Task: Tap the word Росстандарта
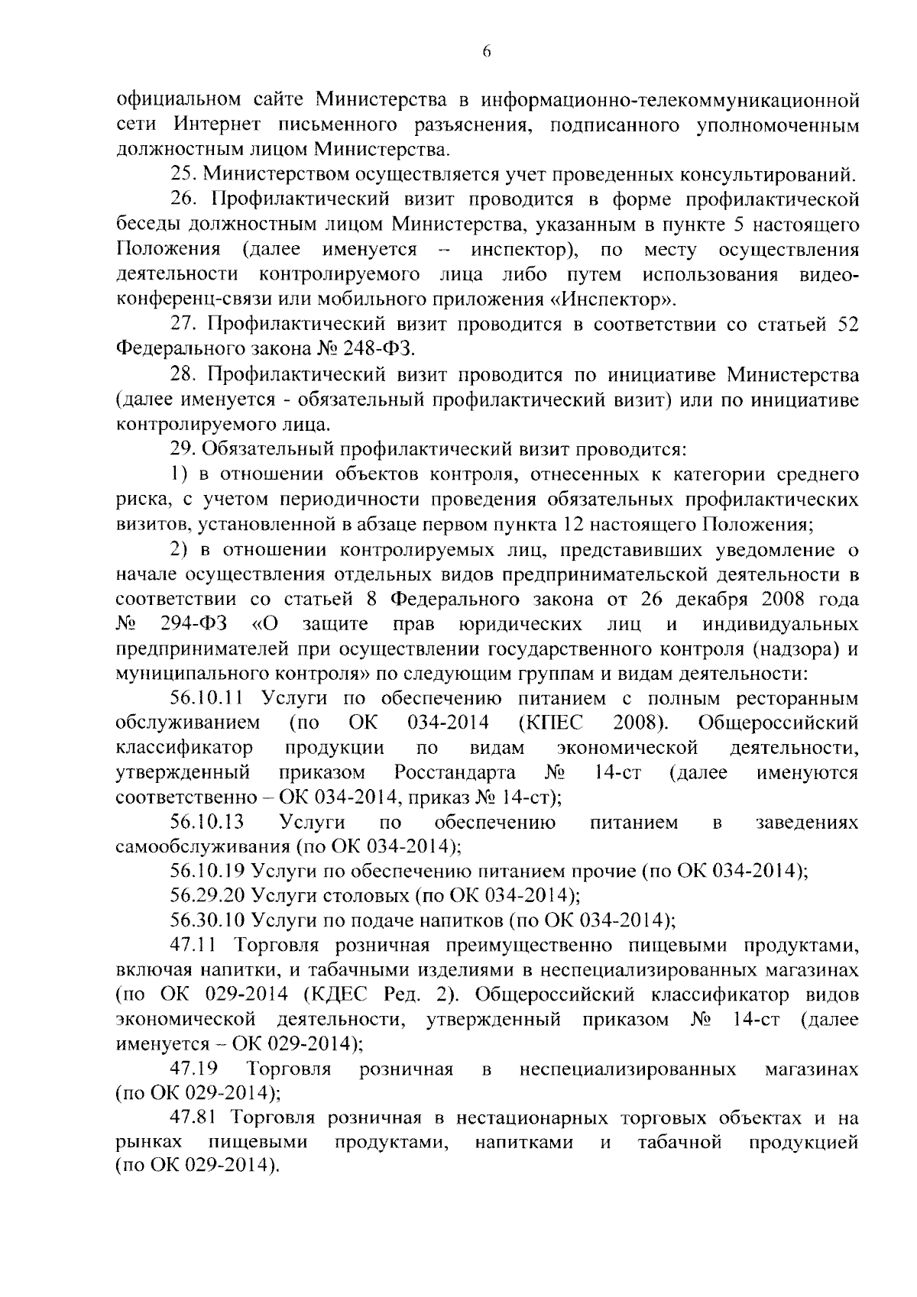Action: (x=455, y=772)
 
